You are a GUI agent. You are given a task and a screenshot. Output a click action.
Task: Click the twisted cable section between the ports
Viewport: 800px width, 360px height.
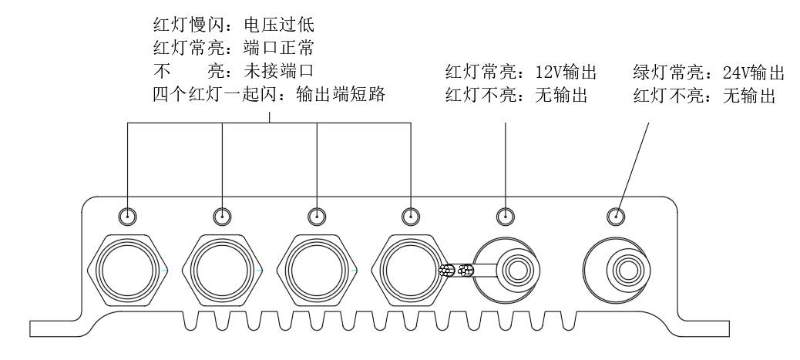click(455, 271)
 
